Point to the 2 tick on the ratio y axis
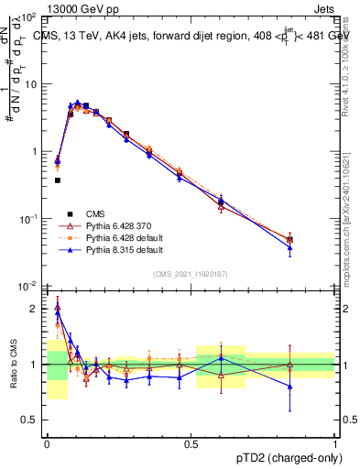(37, 309)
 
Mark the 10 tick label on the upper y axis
(32, 84)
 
